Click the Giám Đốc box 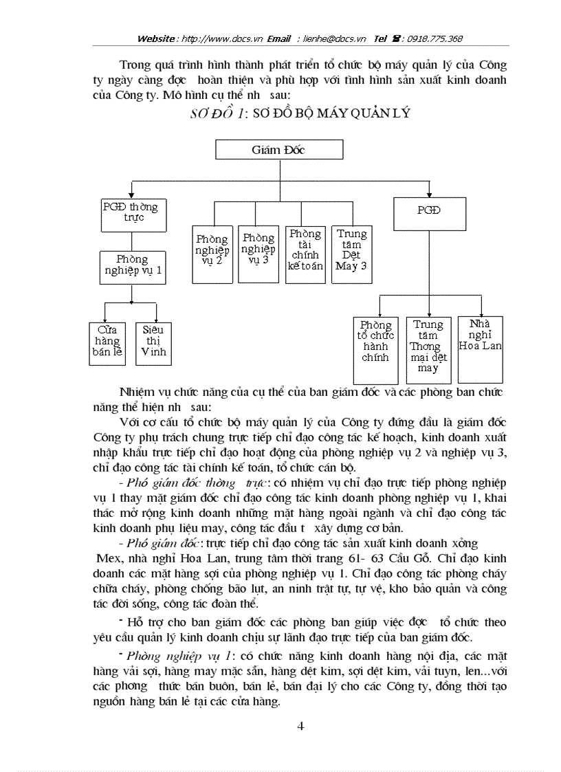tap(279, 150)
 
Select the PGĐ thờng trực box tap(130, 212)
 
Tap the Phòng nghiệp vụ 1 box tap(132, 266)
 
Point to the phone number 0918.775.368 tap(434, 39)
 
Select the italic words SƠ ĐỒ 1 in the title tap(213, 114)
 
